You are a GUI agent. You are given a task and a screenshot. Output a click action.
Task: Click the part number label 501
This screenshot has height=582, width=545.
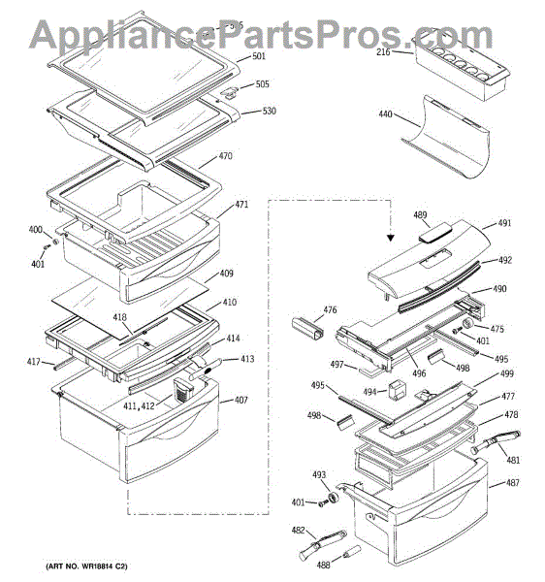[259, 56]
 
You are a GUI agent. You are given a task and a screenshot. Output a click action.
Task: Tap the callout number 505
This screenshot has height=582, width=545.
[262, 84]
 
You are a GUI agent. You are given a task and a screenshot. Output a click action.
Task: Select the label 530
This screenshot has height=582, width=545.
[269, 111]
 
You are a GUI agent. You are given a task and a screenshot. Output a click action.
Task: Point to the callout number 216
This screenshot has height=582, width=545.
[383, 52]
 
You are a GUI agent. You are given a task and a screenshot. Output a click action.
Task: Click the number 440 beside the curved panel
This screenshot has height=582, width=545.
[385, 113]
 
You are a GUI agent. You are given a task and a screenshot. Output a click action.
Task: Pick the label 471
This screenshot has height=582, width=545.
[241, 204]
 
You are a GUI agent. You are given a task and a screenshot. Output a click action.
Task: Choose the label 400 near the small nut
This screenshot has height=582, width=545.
[36, 229]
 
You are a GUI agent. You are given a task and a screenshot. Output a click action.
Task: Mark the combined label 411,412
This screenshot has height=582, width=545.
[139, 405]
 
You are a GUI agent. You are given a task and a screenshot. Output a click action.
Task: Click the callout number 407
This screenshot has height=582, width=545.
[241, 400]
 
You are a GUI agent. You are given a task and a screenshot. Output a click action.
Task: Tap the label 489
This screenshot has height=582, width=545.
[420, 215]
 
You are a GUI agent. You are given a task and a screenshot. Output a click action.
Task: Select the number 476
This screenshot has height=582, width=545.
[330, 309]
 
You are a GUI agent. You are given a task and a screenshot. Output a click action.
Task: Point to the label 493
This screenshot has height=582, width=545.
[319, 474]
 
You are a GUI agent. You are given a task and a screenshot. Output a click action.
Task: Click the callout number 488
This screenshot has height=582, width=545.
[323, 565]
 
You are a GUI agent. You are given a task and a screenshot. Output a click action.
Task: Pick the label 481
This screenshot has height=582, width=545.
[513, 460]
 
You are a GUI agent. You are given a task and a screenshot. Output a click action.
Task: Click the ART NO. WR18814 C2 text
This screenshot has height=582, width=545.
[86, 566]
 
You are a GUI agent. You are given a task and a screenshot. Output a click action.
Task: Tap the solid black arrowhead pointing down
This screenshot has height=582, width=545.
[390, 238]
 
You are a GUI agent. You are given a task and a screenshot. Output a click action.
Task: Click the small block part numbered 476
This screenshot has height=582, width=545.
[307, 329]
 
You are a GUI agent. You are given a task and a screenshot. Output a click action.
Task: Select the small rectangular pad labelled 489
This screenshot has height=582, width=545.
[435, 233]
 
